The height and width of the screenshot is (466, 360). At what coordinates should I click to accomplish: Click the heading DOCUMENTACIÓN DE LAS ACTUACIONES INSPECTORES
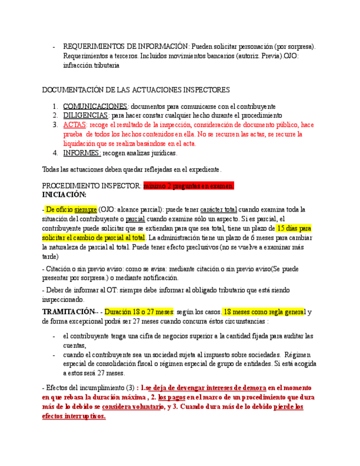[x=136, y=90]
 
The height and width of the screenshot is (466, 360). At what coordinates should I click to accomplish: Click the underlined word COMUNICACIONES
[x=95, y=106]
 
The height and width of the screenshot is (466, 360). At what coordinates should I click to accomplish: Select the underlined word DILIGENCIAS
[x=86, y=115]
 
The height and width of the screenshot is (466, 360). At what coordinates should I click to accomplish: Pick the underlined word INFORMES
[x=82, y=153]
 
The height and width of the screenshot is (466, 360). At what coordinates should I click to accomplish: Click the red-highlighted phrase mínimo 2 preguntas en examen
[x=189, y=186]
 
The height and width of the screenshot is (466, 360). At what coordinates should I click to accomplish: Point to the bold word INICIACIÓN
[x=64, y=195]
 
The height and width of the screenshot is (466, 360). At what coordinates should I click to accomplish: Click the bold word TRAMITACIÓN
[x=68, y=312]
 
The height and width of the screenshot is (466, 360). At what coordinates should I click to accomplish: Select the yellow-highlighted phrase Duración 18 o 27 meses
[x=139, y=312]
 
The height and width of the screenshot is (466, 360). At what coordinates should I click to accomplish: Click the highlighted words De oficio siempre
[x=71, y=209]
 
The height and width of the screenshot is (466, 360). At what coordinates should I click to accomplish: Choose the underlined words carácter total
[x=219, y=209]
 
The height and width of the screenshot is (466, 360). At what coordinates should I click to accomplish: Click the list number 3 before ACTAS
[x=56, y=125]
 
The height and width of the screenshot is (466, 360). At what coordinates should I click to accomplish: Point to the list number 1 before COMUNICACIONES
[x=56, y=106]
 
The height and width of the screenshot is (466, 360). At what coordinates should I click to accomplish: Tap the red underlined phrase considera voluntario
[x=132, y=407]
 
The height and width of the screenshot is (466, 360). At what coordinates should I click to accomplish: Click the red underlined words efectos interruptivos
[x=74, y=416]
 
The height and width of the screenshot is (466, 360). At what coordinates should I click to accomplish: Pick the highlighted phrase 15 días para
[x=294, y=228]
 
